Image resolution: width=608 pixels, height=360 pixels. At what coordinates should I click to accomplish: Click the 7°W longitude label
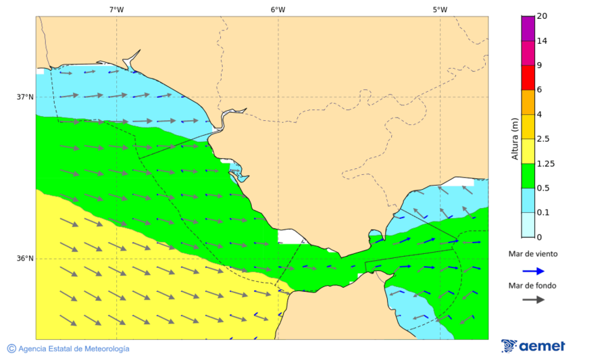[x=116, y=9]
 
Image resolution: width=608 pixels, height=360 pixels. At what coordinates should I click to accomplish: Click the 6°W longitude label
[x=278, y=9]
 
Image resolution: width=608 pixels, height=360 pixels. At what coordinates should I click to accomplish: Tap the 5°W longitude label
[x=440, y=9]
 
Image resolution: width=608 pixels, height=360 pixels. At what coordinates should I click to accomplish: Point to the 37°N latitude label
[x=25, y=97]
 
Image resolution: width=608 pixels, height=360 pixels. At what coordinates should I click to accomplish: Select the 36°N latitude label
[x=25, y=258]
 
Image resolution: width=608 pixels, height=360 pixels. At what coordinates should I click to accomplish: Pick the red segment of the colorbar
[x=528, y=78]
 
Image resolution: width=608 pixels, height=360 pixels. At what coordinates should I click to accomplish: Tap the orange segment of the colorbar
[x=528, y=102]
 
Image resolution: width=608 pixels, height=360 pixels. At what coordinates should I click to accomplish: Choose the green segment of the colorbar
[x=528, y=176]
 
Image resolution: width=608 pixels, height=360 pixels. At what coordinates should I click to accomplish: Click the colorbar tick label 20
[x=541, y=16]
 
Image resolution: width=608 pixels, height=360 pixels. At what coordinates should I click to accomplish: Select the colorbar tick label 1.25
[x=545, y=163]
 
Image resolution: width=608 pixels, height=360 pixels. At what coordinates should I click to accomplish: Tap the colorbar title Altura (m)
[x=515, y=138]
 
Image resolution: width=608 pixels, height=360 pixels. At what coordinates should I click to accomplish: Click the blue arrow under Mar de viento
[x=533, y=271]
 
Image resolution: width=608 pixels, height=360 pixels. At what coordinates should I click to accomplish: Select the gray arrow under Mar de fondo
[x=533, y=299]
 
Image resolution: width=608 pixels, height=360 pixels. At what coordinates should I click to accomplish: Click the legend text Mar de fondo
[x=533, y=285]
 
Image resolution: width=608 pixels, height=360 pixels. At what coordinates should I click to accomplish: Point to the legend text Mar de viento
[x=533, y=254]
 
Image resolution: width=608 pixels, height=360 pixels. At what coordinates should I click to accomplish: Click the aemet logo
[x=534, y=346]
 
